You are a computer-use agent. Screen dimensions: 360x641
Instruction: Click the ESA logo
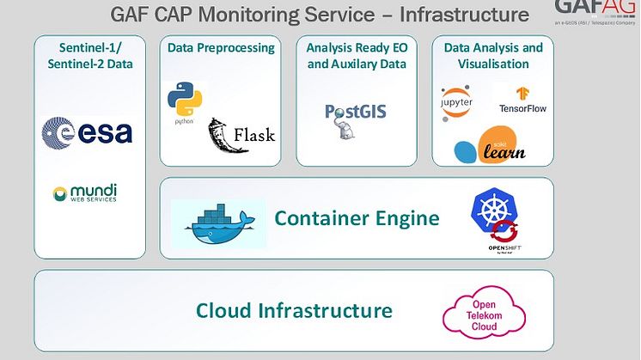click(x=87, y=131)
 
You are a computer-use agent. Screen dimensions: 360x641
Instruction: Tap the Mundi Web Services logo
click(x=85, y=192)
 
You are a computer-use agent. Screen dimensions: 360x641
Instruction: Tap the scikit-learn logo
click(x=491, y=145)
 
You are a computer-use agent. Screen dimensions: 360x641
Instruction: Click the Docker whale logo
click(x=216, y=222)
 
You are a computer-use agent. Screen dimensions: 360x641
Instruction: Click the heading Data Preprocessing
click(x=221, y=48)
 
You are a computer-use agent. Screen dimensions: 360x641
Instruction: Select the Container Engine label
click(x=357, y=218)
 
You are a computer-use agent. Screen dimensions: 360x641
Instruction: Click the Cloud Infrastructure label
click(x=294, y=310)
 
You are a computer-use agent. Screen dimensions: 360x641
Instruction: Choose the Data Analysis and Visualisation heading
click(x=493, y=56)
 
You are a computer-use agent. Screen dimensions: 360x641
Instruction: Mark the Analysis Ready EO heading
click(x=356, y=48)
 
